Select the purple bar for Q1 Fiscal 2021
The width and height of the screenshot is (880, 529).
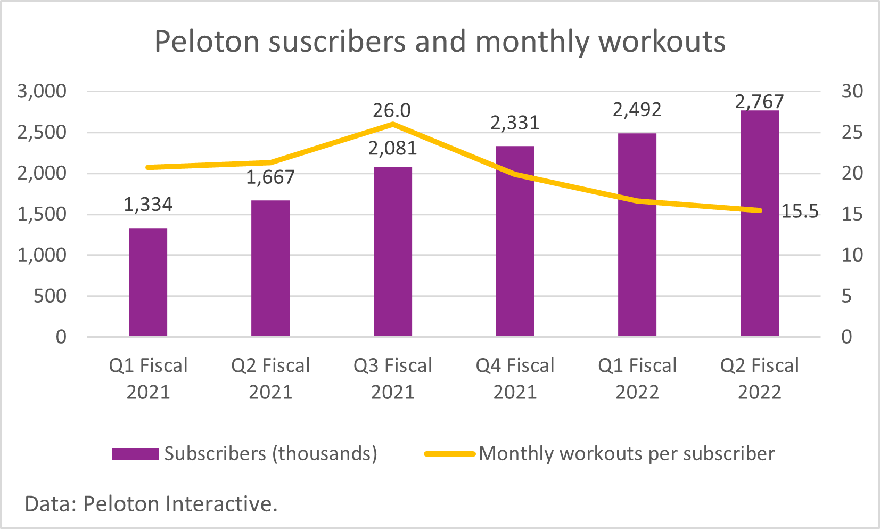click(x=148, y=282)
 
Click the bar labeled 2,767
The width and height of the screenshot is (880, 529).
click(x=759, y=224)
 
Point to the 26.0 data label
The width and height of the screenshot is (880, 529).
click(x=392, y=110)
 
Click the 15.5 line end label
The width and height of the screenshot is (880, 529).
click(x=800, y=211)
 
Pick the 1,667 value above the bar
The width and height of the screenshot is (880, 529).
click(x=270, y=177)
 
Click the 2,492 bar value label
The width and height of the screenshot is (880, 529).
click(x=637, y=110)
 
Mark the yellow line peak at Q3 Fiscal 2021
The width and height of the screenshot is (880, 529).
click(x=392, y=124)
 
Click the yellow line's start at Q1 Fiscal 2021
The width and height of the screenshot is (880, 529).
click(x=148, y=167)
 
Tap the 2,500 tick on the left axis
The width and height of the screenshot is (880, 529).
click(x=42, y=132)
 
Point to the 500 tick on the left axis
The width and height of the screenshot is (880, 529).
click(x=50, y=296)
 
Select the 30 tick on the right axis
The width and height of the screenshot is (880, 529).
click(x=852, y=91)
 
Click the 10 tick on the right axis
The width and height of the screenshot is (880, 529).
click(x=852, y=255)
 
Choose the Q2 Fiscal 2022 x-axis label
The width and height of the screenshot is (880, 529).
click(x=759, y=378)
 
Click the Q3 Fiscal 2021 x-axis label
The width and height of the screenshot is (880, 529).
click(x=392, y=378)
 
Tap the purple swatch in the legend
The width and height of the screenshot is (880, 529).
click(x=135, y=454)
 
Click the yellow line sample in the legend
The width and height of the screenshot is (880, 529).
click(x=449, y=454)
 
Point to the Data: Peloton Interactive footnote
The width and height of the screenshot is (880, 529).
click(x=151, y=503)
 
